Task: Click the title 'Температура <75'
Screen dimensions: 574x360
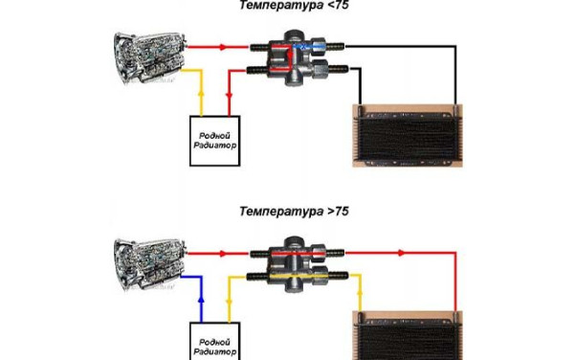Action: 294,6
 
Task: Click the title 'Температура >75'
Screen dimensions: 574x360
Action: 294,212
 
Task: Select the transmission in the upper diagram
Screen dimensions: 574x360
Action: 150,57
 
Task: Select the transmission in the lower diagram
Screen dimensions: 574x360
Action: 150,263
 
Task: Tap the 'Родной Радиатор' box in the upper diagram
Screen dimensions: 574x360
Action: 215,141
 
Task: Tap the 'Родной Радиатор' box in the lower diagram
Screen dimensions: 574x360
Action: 215,341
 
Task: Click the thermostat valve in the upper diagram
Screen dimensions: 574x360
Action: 298,57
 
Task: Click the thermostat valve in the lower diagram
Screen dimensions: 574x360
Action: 298,263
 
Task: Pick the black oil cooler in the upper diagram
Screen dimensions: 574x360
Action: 408,136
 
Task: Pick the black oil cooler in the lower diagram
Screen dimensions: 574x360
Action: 408,335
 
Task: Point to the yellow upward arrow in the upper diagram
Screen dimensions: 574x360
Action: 201,94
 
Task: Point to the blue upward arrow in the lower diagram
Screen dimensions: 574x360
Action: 201,300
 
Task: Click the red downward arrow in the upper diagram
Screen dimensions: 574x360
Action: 230,96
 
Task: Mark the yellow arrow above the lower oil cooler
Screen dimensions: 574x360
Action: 360,293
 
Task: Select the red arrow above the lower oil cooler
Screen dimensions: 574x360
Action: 402,253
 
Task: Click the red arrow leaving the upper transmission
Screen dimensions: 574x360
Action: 223,47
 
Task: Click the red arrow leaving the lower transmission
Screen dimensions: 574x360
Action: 223,253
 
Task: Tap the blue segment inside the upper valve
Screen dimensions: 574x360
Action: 309,46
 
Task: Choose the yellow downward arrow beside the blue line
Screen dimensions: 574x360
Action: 230,303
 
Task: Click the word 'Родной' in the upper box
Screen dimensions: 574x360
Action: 214,136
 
